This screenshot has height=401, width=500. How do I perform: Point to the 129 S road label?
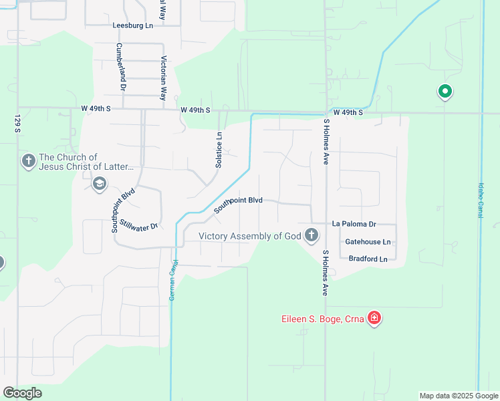17,123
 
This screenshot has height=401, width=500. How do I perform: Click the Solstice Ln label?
219,144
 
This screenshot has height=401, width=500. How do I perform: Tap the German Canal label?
172,279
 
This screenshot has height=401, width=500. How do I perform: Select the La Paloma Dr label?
354,225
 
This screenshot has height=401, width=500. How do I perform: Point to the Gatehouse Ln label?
367,242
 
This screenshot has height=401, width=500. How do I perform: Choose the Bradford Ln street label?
368,259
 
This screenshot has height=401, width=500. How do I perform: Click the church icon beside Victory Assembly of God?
311,235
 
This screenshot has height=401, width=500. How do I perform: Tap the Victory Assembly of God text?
249,236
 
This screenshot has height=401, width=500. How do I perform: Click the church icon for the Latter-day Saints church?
28,161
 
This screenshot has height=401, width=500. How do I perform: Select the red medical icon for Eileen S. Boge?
374,318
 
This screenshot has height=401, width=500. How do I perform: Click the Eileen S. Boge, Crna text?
322,319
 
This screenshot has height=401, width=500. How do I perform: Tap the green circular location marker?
445,92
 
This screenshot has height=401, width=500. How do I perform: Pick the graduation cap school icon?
99,184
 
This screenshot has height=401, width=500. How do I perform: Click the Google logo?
22,393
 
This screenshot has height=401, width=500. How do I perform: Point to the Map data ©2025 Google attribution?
458,396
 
